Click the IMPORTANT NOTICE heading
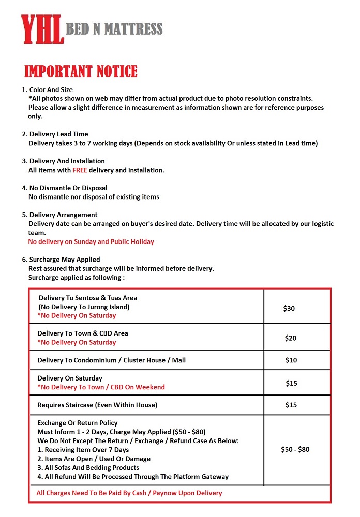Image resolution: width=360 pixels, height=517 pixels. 81,71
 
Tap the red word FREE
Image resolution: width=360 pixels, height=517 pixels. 80,170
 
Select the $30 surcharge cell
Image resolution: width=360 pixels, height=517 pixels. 289,308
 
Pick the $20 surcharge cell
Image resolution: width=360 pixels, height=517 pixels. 290,338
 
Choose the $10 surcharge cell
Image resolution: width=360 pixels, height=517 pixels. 291,360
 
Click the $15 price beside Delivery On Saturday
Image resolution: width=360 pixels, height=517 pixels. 291,383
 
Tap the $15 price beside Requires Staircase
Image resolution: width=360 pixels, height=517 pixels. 291,405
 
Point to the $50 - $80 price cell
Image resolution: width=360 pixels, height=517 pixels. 295,449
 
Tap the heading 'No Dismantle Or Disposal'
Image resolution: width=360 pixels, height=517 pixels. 68,188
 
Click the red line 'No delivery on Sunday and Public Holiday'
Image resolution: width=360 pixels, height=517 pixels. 91,241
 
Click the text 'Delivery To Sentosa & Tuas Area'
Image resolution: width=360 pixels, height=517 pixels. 88,298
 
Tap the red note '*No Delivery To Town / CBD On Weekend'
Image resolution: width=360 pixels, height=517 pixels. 101,387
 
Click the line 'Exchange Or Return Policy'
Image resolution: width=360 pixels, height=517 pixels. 78,423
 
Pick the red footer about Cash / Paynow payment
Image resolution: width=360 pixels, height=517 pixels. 129,493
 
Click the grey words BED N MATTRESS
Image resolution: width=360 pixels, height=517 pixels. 114,29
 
